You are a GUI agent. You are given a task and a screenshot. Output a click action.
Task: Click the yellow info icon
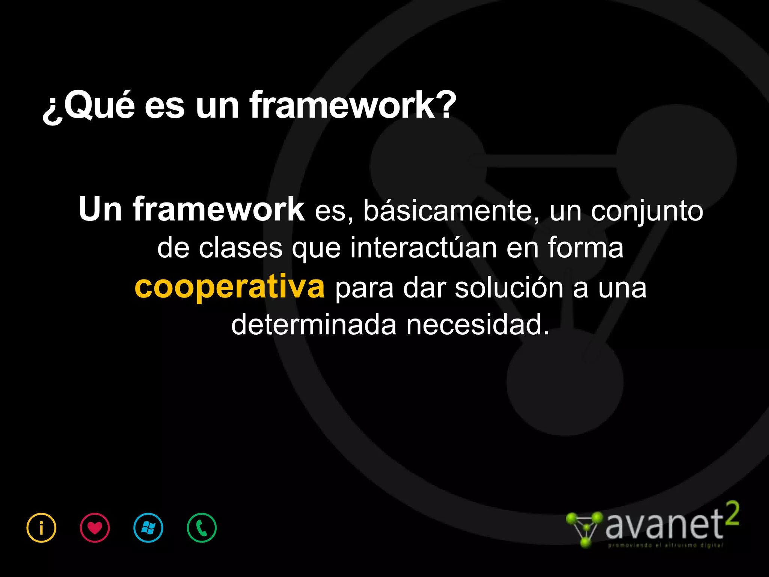pos(41,528)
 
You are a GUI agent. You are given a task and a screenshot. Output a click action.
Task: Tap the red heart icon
pos(95,528)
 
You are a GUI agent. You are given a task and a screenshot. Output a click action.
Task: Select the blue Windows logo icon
pos(148,528)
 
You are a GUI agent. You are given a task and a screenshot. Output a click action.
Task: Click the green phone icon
pos(202,528)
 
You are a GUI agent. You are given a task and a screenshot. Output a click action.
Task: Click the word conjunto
pos(647,211)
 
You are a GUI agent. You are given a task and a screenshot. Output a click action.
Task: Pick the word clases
pos(241,248)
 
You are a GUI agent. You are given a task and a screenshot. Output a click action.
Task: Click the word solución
pos(509,288)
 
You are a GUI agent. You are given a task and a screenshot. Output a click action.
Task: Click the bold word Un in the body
pos(100,210)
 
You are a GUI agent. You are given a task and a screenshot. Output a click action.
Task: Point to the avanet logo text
pos(664,525)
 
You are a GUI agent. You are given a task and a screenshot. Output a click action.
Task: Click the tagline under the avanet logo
pos(665,545)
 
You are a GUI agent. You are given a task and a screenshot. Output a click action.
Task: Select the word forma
pos(585,248)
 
